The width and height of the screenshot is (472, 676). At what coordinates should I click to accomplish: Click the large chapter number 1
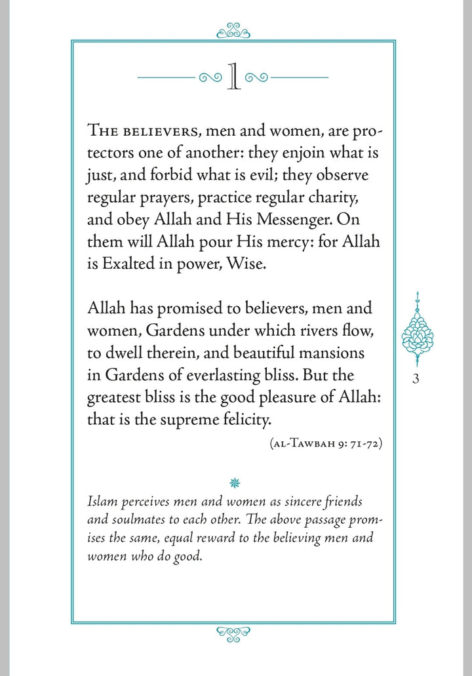tap(233, 77)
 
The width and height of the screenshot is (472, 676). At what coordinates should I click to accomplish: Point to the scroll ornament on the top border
tap(233, 30)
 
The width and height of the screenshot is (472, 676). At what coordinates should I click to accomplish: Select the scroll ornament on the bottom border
tap(233, 633)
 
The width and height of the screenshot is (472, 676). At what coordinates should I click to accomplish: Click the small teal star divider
tap(235, 483)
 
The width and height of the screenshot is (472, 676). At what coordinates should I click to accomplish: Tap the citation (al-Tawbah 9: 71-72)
tap(326, 443)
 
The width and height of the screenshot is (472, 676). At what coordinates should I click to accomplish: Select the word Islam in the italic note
tap(100, 501)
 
